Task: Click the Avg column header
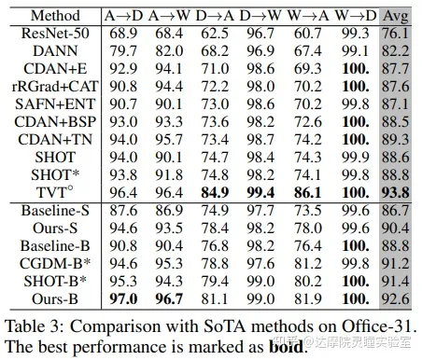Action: click(x=397, y=16)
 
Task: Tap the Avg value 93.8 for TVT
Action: click(x=397, y=192)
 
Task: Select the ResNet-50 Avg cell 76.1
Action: click(x=397, y=33)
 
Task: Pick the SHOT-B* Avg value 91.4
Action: click(x=397, y=281)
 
